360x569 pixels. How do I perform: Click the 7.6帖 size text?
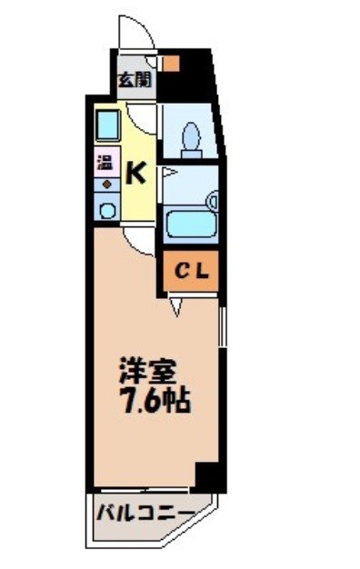coord(150,400)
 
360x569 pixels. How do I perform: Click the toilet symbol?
coord(192,136)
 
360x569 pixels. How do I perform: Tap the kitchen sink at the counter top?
coord(107,123)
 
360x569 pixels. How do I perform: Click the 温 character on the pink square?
coord(105,165)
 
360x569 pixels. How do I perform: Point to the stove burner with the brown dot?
coord(106,185)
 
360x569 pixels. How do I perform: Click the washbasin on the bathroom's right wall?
coord(212,199)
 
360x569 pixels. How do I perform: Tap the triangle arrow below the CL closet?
coord(175,305)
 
